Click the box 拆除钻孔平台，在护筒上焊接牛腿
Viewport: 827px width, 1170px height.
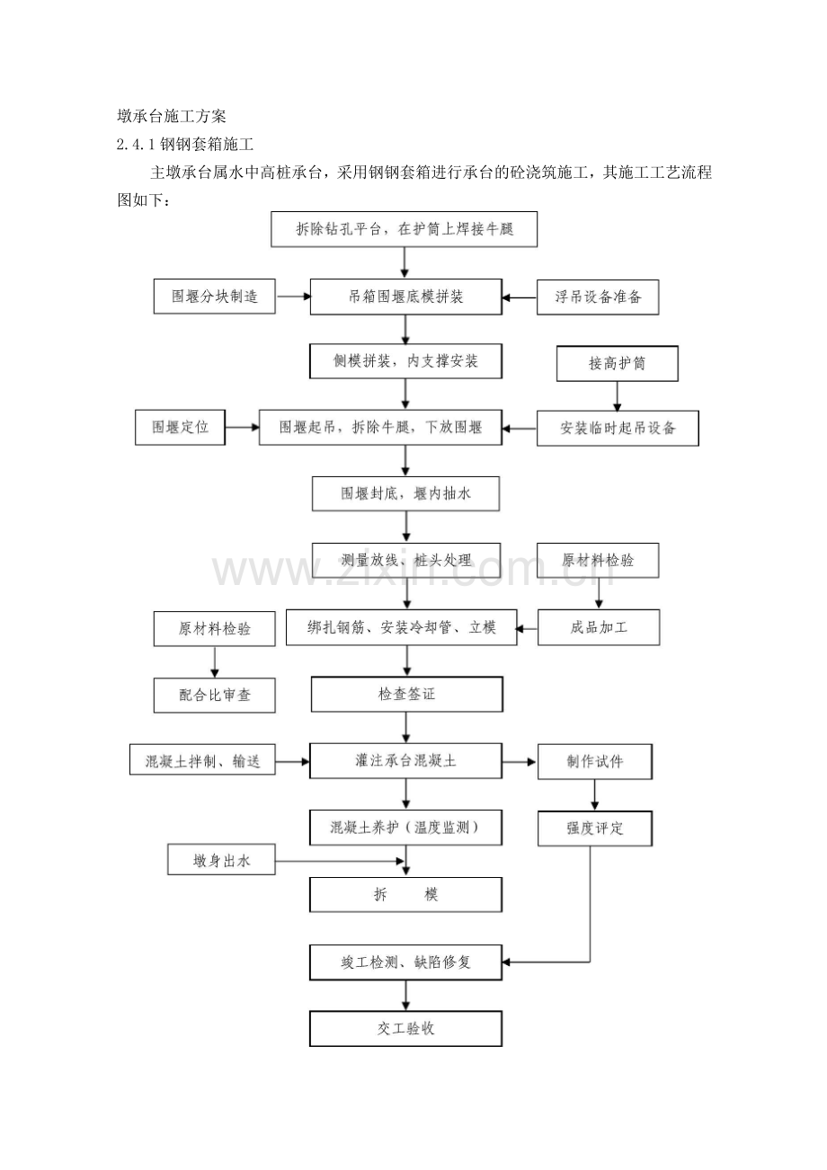(405, 229)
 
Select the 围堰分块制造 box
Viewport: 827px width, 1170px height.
(215, 297)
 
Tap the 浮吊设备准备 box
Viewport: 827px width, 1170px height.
(598, 297)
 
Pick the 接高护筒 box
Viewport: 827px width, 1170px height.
(617, 364)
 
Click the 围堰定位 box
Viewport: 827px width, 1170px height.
(179, 428)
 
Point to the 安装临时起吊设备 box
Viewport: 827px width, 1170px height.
(618, 429)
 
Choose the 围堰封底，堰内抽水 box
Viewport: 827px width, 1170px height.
(405, 493)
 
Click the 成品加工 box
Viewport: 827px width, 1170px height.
(599, 627)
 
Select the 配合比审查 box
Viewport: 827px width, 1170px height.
(215, 695)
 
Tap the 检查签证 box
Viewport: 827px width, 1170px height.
(406, 695)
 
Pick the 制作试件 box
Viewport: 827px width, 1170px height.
(594, 762)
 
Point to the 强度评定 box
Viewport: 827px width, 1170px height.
(594, 829)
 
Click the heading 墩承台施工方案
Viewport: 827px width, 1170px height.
(172, 117)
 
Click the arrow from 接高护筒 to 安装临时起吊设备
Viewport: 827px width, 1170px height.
(617, 395)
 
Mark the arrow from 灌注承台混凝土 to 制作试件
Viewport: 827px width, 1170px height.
(520, 762)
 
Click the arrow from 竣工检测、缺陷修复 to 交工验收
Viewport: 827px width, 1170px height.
(406, 996)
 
